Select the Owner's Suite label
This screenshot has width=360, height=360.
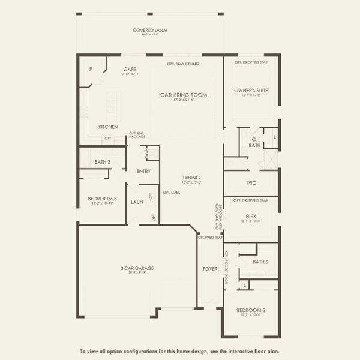point(251,91)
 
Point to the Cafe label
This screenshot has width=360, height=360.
point(130,70)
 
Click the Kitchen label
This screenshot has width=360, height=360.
point(108,127)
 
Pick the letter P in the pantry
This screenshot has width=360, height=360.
point(91,69)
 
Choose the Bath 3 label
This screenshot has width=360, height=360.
point(103,162)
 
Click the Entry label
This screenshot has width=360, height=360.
point(143,172)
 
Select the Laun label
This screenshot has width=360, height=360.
point(137,202)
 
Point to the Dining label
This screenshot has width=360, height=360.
point(191,178)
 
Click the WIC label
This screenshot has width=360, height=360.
point(251,183)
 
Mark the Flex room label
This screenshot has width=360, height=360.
point(251,216)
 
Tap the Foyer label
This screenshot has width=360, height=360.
point(209,269)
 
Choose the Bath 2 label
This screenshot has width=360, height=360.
point(260,262)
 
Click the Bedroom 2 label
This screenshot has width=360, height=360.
point(251,310)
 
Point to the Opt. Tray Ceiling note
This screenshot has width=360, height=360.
point(184,63)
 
